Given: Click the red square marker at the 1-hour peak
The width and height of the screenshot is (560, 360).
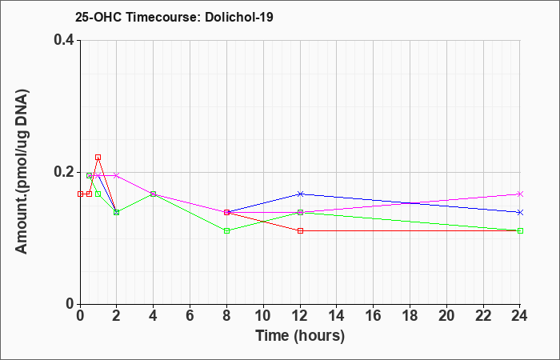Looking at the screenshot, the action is coord(98,157).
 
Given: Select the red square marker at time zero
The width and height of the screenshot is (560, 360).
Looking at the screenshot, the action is coord(80,194).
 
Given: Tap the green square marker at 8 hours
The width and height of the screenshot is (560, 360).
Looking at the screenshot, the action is coord(226,230).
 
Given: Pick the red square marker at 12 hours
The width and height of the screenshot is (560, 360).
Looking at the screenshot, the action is coord(300,230).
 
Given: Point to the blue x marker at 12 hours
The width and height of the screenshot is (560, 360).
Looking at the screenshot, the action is coord(300,194).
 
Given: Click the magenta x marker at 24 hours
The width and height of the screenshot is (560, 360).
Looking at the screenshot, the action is coord(520,194).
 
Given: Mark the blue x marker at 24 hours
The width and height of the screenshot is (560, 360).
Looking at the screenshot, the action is coord(520,212).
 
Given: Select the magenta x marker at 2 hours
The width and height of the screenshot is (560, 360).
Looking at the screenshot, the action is coord(116,175).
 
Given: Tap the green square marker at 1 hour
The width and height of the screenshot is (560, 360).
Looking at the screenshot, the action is coord(98,194).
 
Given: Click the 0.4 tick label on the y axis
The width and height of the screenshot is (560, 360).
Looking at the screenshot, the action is coord(64,40).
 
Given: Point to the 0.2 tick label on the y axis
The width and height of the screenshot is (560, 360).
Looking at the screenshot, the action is coord(64,172).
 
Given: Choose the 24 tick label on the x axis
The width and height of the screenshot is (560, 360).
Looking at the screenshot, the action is coord(519,315).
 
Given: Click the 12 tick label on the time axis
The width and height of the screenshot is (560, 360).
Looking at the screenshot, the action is coord(300,315).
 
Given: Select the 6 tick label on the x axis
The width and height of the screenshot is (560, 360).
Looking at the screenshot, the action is coord(190,315).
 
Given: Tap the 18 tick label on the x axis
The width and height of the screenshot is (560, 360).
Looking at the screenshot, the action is coord(410,315).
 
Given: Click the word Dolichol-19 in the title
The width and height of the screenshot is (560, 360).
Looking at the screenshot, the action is coord(239,17).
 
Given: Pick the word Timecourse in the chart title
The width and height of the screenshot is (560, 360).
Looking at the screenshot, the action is coord(163,17).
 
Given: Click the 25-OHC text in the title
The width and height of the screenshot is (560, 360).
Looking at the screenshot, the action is coord(98,17).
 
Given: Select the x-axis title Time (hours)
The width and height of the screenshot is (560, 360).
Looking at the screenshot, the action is coord(300,336).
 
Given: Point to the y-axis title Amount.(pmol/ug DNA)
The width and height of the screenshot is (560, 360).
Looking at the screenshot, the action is coord(22,172).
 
